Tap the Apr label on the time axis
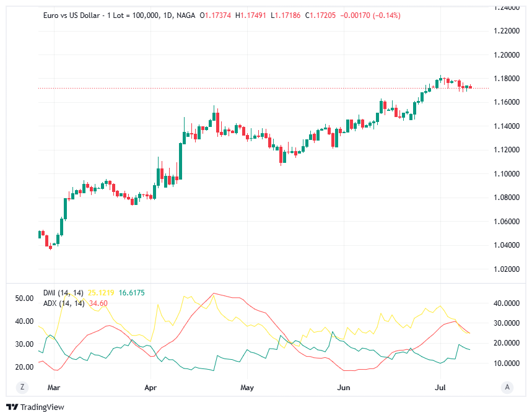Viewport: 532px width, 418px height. tap(150, 388)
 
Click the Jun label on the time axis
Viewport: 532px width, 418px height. tap(342, 388)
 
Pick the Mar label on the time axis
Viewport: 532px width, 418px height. tap(54, 388)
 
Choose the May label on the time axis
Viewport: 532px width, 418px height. tap(246, 388)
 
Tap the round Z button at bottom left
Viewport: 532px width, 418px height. tap(22, 387)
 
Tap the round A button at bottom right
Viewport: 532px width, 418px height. tap(507, 387)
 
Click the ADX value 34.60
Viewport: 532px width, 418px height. tap(98, 303)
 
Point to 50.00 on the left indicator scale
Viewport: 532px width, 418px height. tap(24, 298)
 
